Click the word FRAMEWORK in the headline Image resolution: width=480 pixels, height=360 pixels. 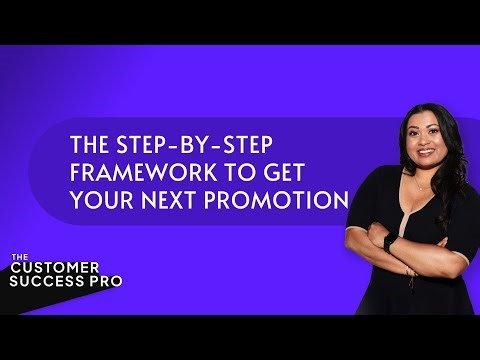click(x=122, y=167)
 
